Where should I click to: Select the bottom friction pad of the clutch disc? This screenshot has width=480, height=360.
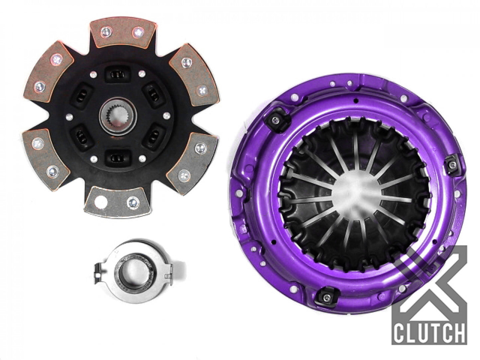pos(116,201)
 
